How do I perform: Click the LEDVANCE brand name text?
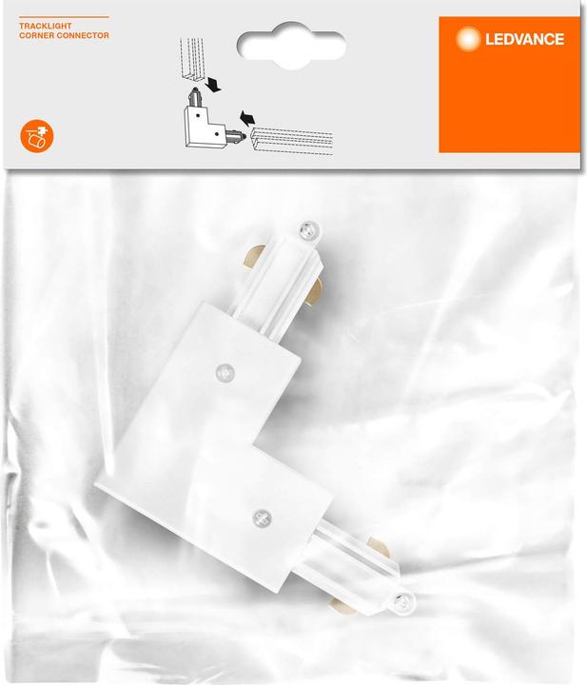(x=525, y=39)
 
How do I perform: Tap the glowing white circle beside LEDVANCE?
(x=469, y=39)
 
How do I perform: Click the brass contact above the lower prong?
(x=378, y=548)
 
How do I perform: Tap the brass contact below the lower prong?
(x=340, y=602)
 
